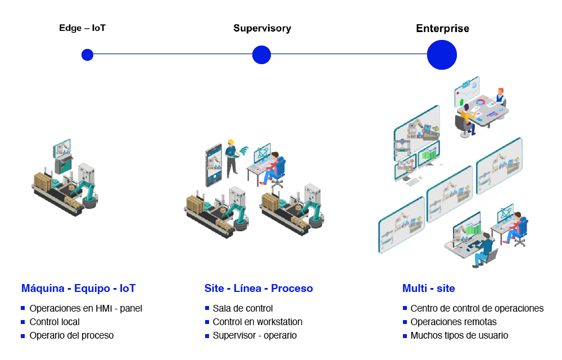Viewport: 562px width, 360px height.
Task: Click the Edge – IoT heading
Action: coord(82,28)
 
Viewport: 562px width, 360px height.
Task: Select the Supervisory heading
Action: coord(262,28)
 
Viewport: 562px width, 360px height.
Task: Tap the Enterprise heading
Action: coord(442,28)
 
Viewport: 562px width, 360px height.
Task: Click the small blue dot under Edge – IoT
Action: coord(88,55)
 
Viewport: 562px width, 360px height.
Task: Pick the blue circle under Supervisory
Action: coord(262,55)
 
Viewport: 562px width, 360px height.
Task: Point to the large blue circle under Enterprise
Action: coord(442,55)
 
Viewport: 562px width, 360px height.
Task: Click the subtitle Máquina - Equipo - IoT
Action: coord(79,289)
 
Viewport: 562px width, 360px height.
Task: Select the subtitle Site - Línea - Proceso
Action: coord(259,289)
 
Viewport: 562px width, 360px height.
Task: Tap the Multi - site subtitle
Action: coord(429,289)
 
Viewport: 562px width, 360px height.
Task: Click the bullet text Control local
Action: coord(55,322)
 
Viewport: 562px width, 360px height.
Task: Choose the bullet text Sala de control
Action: coord(243,308)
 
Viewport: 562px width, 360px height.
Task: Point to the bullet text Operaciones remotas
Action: coord(454,322)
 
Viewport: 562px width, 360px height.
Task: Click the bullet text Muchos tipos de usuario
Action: coord(459,336)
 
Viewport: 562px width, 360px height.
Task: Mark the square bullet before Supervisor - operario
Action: coord(207,336)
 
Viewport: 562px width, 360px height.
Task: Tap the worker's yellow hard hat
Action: coord(231,142)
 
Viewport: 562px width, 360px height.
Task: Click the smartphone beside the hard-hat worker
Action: coord(214,166)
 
